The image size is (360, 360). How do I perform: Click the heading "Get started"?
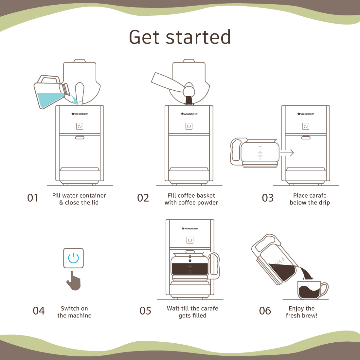coord(180,37)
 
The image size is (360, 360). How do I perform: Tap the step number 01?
coord(33,198)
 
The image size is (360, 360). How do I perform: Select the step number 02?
coord(143,198)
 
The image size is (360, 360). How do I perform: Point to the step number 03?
coord(268,198)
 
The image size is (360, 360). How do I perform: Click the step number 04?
coord(39,311)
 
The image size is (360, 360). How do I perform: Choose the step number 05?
coord(145,311)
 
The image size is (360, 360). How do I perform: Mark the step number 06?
coord(265,311)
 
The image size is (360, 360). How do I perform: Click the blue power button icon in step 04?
coord(73,258)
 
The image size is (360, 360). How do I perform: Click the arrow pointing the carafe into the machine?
coord(287,153)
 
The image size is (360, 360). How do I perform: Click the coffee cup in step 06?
coord(311,290)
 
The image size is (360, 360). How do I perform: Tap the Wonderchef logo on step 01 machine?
coord(80,114)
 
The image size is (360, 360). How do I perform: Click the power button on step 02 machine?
coord(189,126)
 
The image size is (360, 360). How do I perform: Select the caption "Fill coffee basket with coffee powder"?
coord(191,199)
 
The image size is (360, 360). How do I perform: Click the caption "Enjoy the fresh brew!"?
coord(301,312)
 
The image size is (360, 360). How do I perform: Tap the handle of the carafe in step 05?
coord(215,265)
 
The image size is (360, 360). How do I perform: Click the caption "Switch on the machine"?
coord(74,312)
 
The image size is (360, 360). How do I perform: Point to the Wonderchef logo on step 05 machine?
coord(190,228)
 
